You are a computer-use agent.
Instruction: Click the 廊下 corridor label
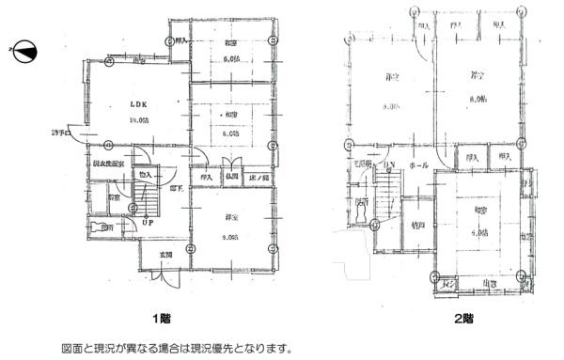click(x=176, y=188)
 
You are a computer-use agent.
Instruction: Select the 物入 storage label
click(x=146, y=174)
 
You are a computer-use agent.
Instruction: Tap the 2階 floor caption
click(x=462, y=320)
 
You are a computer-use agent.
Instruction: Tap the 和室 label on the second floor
click(x=480, y=210)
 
